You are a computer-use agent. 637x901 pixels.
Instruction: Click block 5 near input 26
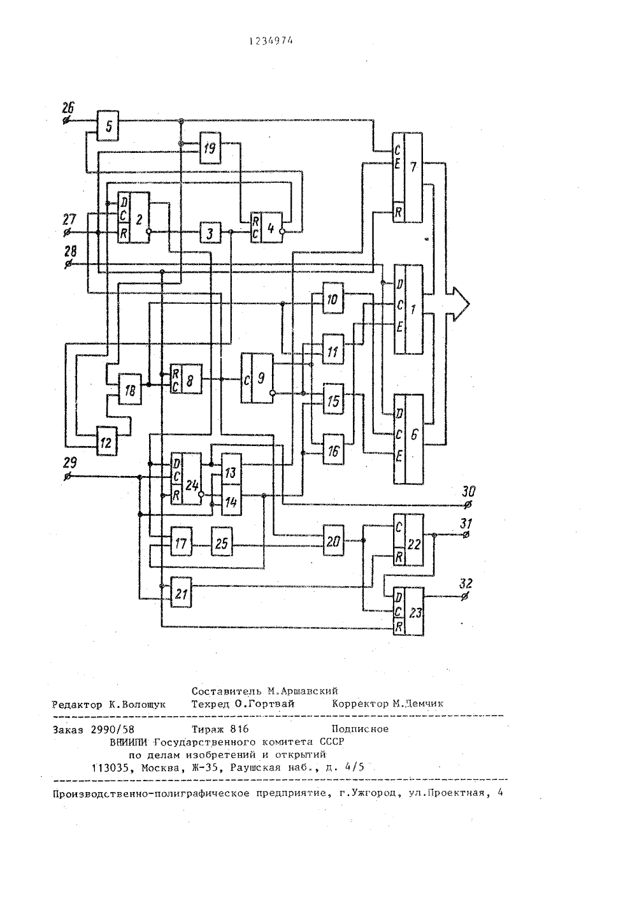click(108, 126)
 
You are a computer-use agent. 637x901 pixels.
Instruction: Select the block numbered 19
click(210, 148)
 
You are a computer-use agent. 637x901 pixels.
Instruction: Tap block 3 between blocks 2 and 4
click(210, 233)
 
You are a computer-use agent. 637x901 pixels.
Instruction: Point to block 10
click(333, 298)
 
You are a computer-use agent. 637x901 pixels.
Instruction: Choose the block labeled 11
click(333, 350)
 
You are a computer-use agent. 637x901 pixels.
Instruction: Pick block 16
click(333, 450)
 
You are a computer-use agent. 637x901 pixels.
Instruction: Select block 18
click(130, 389)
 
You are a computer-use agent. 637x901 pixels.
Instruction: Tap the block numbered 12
click(106, 441)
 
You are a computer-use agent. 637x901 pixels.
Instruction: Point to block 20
click(333, 540)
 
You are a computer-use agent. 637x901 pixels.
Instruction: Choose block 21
click(181, 592)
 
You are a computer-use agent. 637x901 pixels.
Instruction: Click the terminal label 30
click(468, 491)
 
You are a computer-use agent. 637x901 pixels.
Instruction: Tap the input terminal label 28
click(70, 252)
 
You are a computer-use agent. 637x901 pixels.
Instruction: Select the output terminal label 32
click(466, 584)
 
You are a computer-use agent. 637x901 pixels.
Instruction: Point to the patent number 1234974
click(271, 41)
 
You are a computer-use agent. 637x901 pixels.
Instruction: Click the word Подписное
click(360, 729)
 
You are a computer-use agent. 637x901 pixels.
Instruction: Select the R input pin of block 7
click(398, 212)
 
